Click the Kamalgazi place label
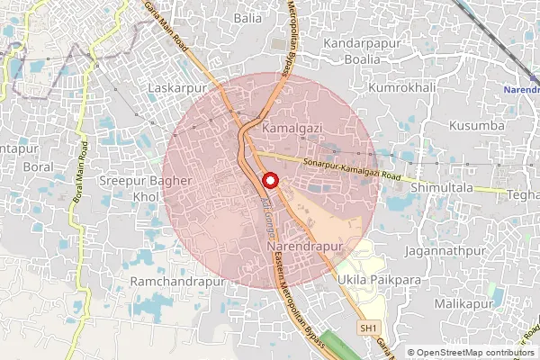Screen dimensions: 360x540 tap(292, 130)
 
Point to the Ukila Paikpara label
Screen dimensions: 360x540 tap(381, 282)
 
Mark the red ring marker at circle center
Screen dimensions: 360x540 tap(269, 181)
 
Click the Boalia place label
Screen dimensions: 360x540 tap(365, 60)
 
